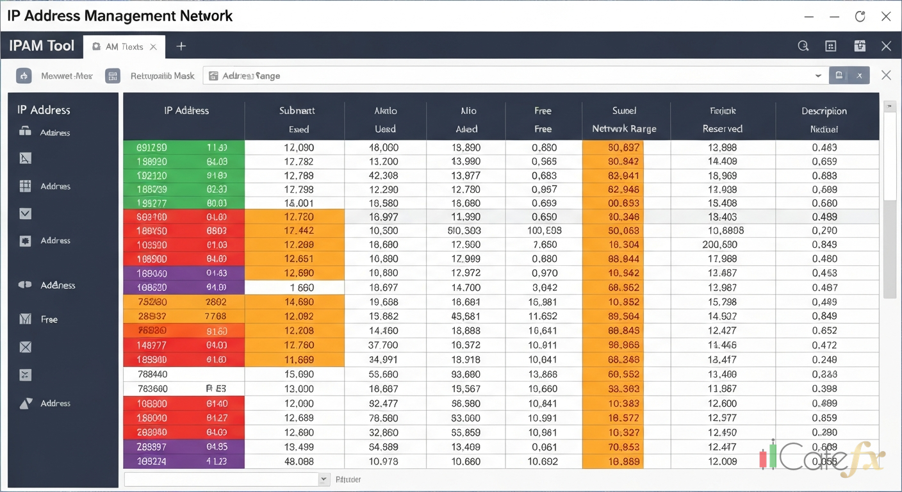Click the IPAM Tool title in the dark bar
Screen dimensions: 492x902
click(42, 46)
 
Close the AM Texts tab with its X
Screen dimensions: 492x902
click(153, 47)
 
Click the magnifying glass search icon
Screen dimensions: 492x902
click(803, 46)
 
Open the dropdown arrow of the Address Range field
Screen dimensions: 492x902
click(818, 76)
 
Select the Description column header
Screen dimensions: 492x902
click(824, 111)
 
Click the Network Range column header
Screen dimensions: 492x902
click(624, 129)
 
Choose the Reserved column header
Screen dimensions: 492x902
click(722, 129)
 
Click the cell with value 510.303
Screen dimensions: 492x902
click(466, 231)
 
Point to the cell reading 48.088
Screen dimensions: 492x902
click(299, 461)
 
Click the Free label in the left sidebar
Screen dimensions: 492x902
click(49, 319)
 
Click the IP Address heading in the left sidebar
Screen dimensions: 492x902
click(44, 110)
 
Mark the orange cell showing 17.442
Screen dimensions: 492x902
click(299, 231)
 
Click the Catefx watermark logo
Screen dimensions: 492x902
click(823, 457)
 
